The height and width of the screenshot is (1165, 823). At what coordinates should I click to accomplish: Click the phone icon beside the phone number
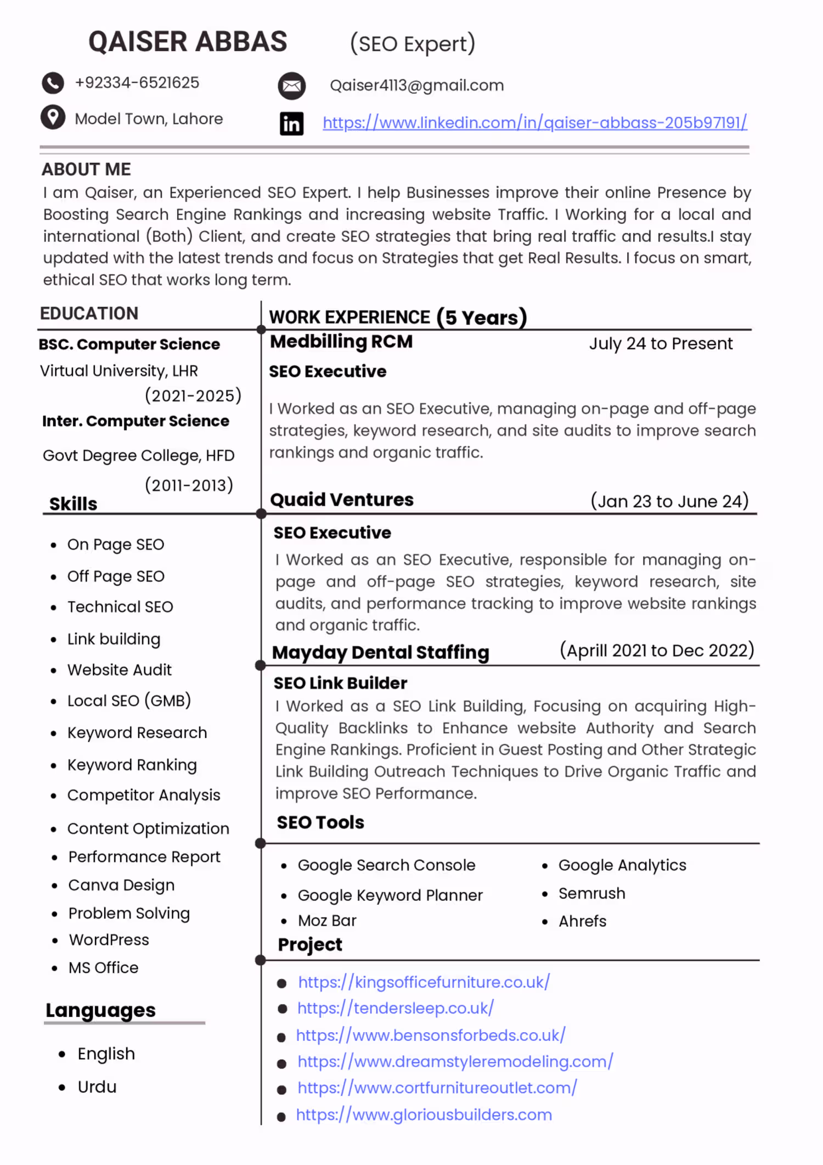pos(53,83)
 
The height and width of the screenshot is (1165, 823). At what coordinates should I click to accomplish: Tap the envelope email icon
pos(291,86)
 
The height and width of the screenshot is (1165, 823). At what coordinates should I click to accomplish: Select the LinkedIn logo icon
pos(291,124)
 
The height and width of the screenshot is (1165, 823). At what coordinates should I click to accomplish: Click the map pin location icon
pos(53,117)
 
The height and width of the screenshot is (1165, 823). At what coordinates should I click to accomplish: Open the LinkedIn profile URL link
pos(534,122)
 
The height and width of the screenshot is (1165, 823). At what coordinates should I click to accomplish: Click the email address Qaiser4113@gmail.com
pos(416,86)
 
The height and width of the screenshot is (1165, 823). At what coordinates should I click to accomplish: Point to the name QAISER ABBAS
pos(188,42)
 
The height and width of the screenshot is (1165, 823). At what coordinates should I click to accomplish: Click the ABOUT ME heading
pos(86,169)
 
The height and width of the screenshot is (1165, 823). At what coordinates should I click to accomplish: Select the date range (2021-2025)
pos(193,395)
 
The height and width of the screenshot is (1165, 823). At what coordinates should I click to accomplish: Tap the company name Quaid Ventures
pos(342,500)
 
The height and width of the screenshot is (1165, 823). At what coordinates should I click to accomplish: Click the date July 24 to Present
pos(661,344)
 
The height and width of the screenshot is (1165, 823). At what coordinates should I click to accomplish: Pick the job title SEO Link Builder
pos(340,683)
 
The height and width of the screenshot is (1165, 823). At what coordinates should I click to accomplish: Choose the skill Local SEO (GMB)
pos(129,701)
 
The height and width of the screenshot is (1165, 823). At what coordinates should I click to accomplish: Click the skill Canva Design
pos(121,885)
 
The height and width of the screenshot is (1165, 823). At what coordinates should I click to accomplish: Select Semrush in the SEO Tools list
pos(591,893)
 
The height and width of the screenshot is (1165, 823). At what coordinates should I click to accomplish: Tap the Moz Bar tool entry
pos(327,921)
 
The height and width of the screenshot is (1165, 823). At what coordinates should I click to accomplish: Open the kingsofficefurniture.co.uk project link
pos(424,982)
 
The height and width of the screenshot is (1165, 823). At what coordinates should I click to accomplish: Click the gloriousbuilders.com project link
pos(424,1114)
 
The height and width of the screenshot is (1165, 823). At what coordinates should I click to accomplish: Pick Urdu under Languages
pos(97,1087)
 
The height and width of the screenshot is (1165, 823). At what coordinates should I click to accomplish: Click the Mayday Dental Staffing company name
pos(380,652)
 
